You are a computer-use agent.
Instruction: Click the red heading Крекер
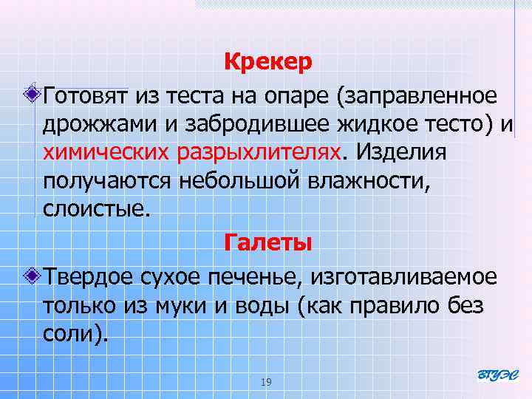pyautogui.click(x=269, y=62)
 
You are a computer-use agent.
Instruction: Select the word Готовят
pyautogui.click(x=86, y=96)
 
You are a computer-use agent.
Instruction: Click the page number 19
pyautogui.click(x=267, y=382)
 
